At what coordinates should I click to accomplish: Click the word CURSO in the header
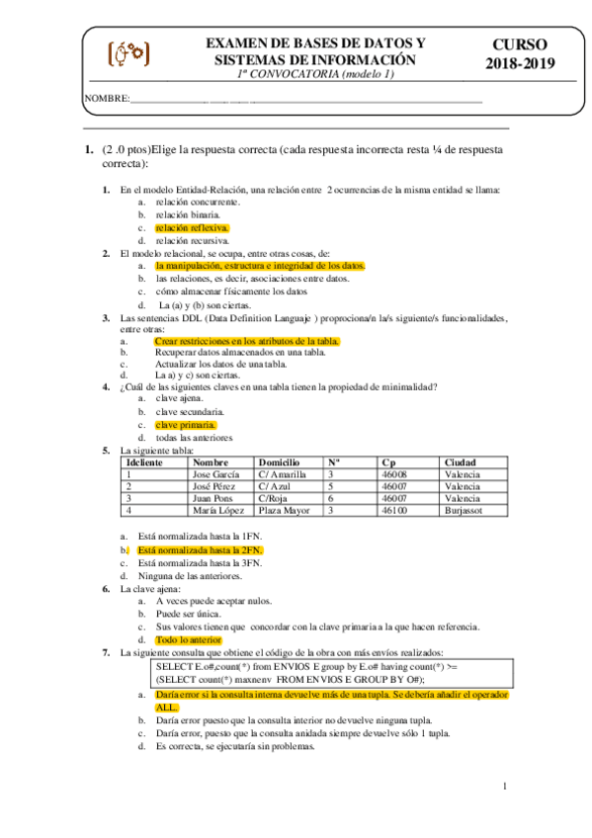[521, 45]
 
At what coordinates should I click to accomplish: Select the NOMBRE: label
[107, 99]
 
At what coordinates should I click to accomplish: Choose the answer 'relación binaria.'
[188, 213]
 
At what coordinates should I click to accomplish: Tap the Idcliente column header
[144, 462]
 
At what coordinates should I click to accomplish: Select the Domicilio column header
[279, 462]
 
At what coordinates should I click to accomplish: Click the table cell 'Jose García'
[215, 474]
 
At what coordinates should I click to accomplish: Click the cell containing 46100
[394, 511]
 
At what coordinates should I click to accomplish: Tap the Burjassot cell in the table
[465, 511]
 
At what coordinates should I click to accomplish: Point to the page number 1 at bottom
[504, 787]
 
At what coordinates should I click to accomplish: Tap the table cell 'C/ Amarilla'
[282, 474]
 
